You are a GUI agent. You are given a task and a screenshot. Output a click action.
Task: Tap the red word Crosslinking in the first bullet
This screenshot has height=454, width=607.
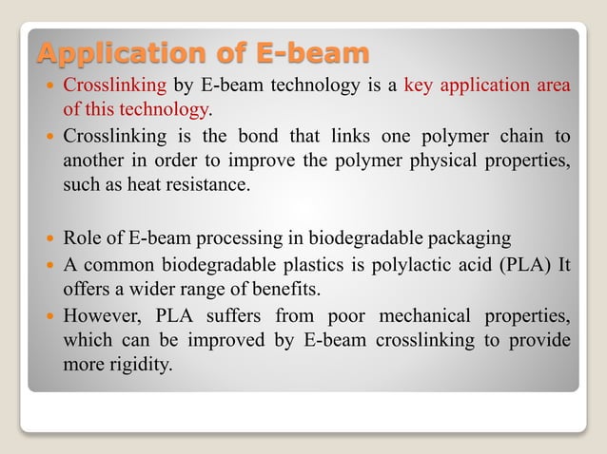pos(114,85)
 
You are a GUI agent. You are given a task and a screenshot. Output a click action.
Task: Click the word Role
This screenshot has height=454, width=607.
pos(82,237)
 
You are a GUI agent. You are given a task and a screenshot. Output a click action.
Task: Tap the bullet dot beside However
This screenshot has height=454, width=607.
pos(49,314)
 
